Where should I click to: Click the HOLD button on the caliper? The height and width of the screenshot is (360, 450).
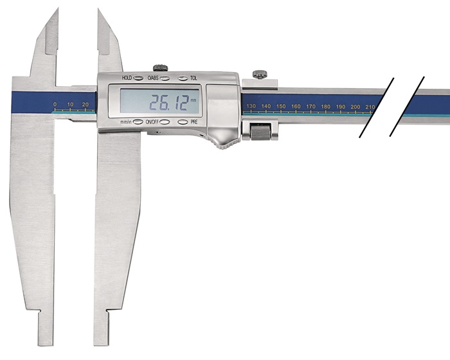pos(138,78)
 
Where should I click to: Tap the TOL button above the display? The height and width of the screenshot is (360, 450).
pos(183,78)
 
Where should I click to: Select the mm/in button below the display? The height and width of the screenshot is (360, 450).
pos(138,122)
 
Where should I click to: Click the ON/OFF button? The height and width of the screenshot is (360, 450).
pos(165,122)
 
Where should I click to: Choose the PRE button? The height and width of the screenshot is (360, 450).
pos(183,122)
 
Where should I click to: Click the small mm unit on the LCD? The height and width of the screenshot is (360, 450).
pos(194,100)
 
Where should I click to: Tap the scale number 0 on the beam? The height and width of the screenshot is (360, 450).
pos(55,104)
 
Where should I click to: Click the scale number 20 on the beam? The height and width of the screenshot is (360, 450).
pos(85,105)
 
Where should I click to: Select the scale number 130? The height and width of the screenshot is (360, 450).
pos(251,106)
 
